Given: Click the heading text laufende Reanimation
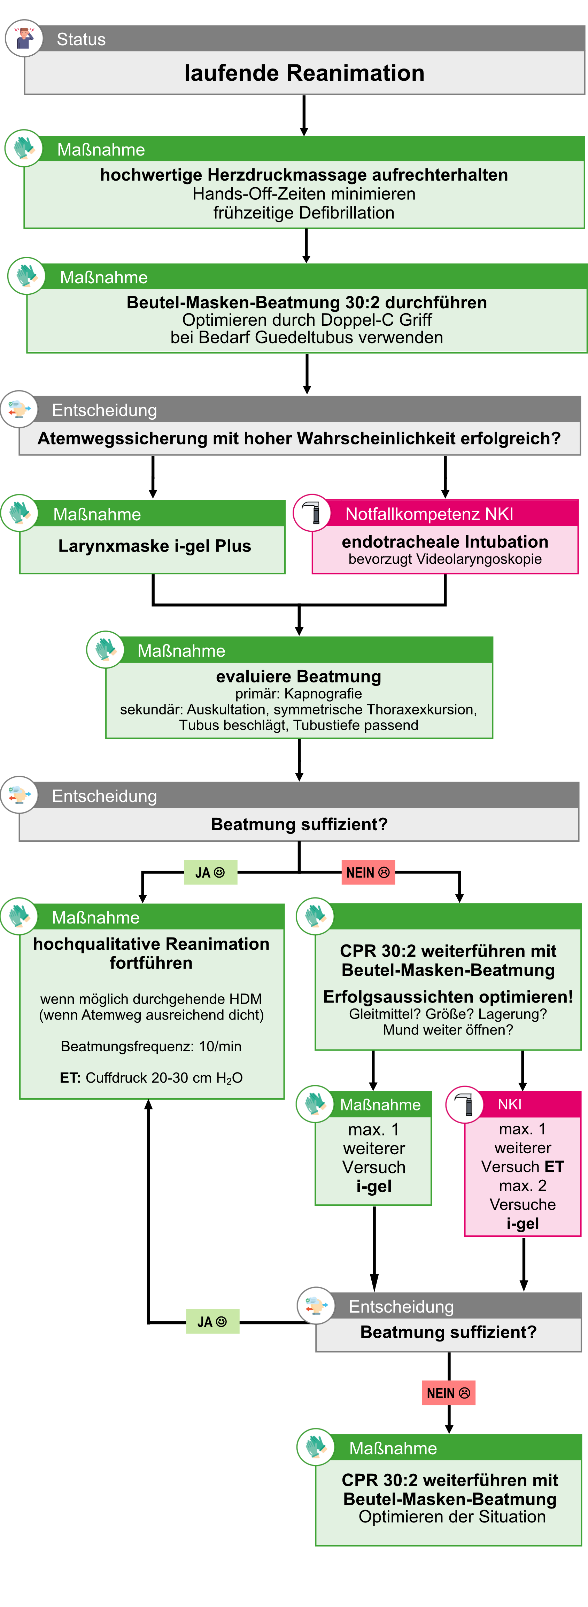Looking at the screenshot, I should coord(304,73).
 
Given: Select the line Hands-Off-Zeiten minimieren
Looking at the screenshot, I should coord(304,194).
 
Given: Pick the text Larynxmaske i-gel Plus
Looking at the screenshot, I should coord(154,546).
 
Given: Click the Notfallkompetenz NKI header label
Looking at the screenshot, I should coord(430,514).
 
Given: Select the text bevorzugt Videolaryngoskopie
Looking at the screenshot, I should coord(445,559).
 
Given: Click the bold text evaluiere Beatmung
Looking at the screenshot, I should coord(299,676).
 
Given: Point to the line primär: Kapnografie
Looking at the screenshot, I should coord(299,694).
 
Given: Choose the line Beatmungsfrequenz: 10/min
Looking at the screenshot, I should coord(151,1046).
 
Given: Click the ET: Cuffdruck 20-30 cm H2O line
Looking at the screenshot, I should coord(151,1078).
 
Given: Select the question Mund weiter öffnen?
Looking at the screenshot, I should coord(448,1030).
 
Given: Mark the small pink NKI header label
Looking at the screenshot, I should coord(509,1104).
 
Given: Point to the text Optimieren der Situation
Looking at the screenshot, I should coord(452,1517).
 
